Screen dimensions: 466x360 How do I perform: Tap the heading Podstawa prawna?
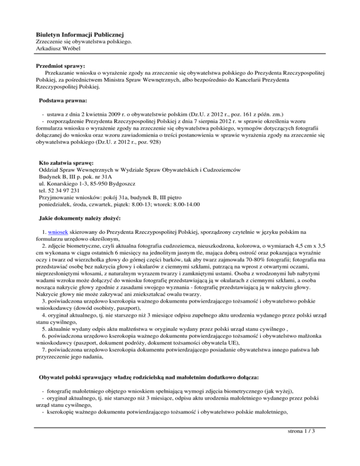click(63, 100)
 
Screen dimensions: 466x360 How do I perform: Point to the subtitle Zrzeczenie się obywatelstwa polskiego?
click(84, 42)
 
